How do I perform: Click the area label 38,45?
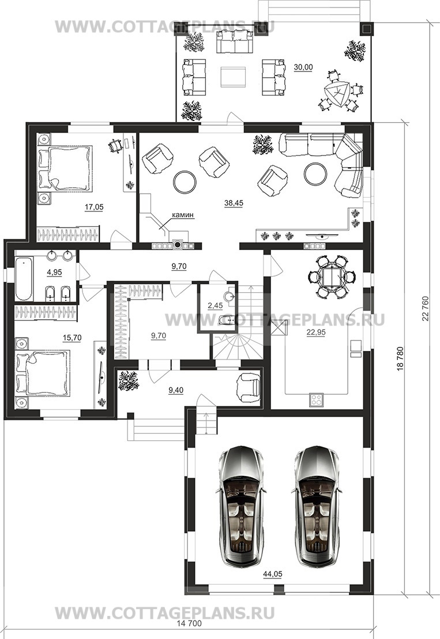(233, 203)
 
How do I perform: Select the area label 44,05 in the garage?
(272, 574)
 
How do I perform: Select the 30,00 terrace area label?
(303, 67)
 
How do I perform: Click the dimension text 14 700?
(190, 623)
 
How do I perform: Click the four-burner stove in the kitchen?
(317, 400)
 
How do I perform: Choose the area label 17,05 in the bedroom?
(94, 207)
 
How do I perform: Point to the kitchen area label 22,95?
(316, 332)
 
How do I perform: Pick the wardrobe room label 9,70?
(159, 335)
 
